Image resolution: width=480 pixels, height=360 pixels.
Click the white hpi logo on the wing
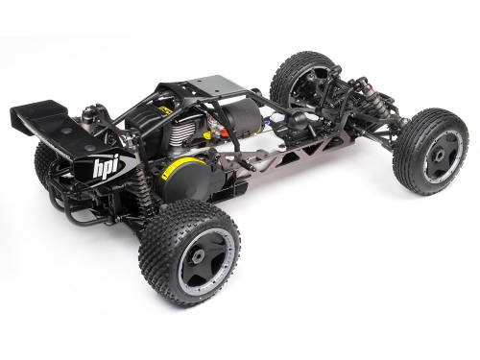click(105, 167)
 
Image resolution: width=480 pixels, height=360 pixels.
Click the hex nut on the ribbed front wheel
click(439, 156)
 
